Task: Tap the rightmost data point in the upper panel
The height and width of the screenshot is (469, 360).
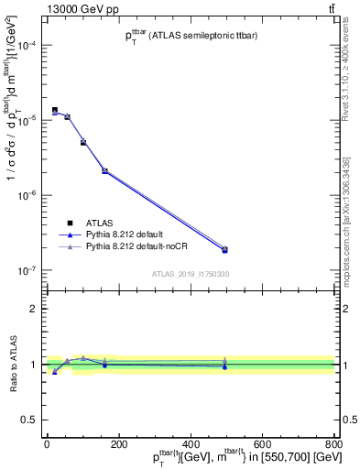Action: pos(225,249)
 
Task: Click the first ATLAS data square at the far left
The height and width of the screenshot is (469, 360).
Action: pos(55,110)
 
